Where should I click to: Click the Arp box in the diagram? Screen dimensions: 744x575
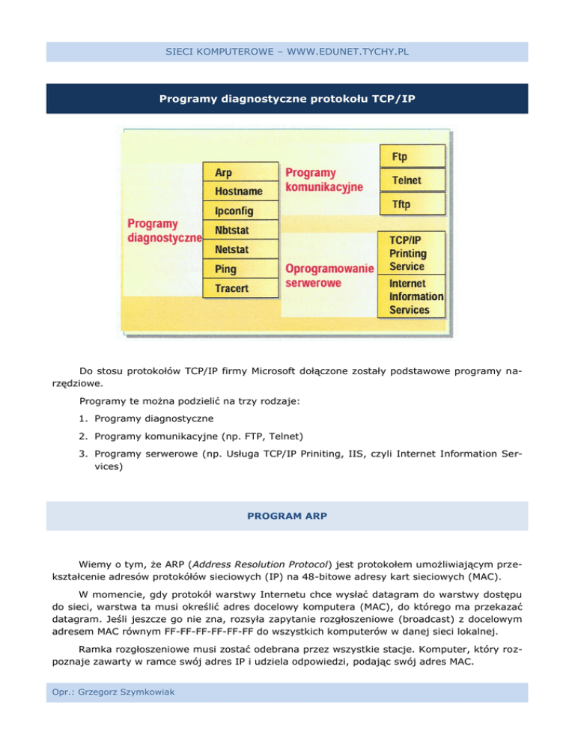[x=240, y=172]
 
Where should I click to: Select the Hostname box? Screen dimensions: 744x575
[x=240, y=192]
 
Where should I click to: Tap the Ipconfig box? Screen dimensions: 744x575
[x=240, y=211]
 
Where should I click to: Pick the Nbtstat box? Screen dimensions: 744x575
[x=240, y=230]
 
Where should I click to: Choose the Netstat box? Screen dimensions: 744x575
[x=240, y=249]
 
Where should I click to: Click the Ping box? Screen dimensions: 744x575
[x=240, y=269]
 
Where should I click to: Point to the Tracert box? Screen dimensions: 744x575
[x=240, y=288]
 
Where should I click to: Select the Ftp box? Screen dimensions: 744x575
[x=413, y=157]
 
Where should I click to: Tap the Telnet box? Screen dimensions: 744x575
[x=413, y=180]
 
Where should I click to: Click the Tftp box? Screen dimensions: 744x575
[x=413, y=204]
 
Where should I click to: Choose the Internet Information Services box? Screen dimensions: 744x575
[x=414, y=297]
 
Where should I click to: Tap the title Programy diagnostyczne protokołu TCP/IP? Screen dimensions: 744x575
[x=287, y=99]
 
